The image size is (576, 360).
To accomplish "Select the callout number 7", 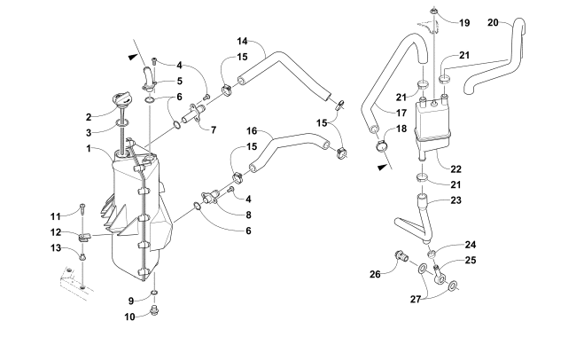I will pos(213,129).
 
